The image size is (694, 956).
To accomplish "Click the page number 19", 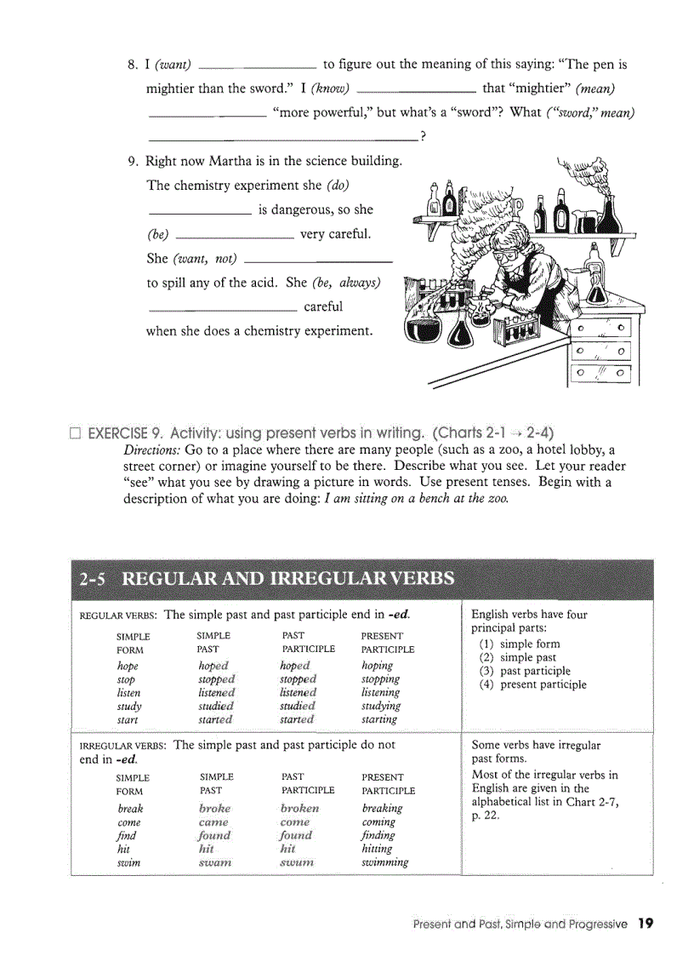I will point(646,923).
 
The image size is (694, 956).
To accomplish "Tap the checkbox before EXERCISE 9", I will point(75,432).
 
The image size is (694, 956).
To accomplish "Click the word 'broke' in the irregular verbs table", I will point(214,809).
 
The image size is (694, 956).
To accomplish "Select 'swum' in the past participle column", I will point(296,862).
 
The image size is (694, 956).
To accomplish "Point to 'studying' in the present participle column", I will point(380,706).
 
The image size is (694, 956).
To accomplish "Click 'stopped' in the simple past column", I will point(216,679).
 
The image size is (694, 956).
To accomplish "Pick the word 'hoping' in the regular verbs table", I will point(377,666).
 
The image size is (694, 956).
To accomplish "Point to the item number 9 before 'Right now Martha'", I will point(132,161).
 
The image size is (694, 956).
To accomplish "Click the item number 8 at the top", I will point(132,65).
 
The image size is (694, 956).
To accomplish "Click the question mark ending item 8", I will point(423,137).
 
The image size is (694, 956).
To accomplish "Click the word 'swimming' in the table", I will point(384,862).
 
